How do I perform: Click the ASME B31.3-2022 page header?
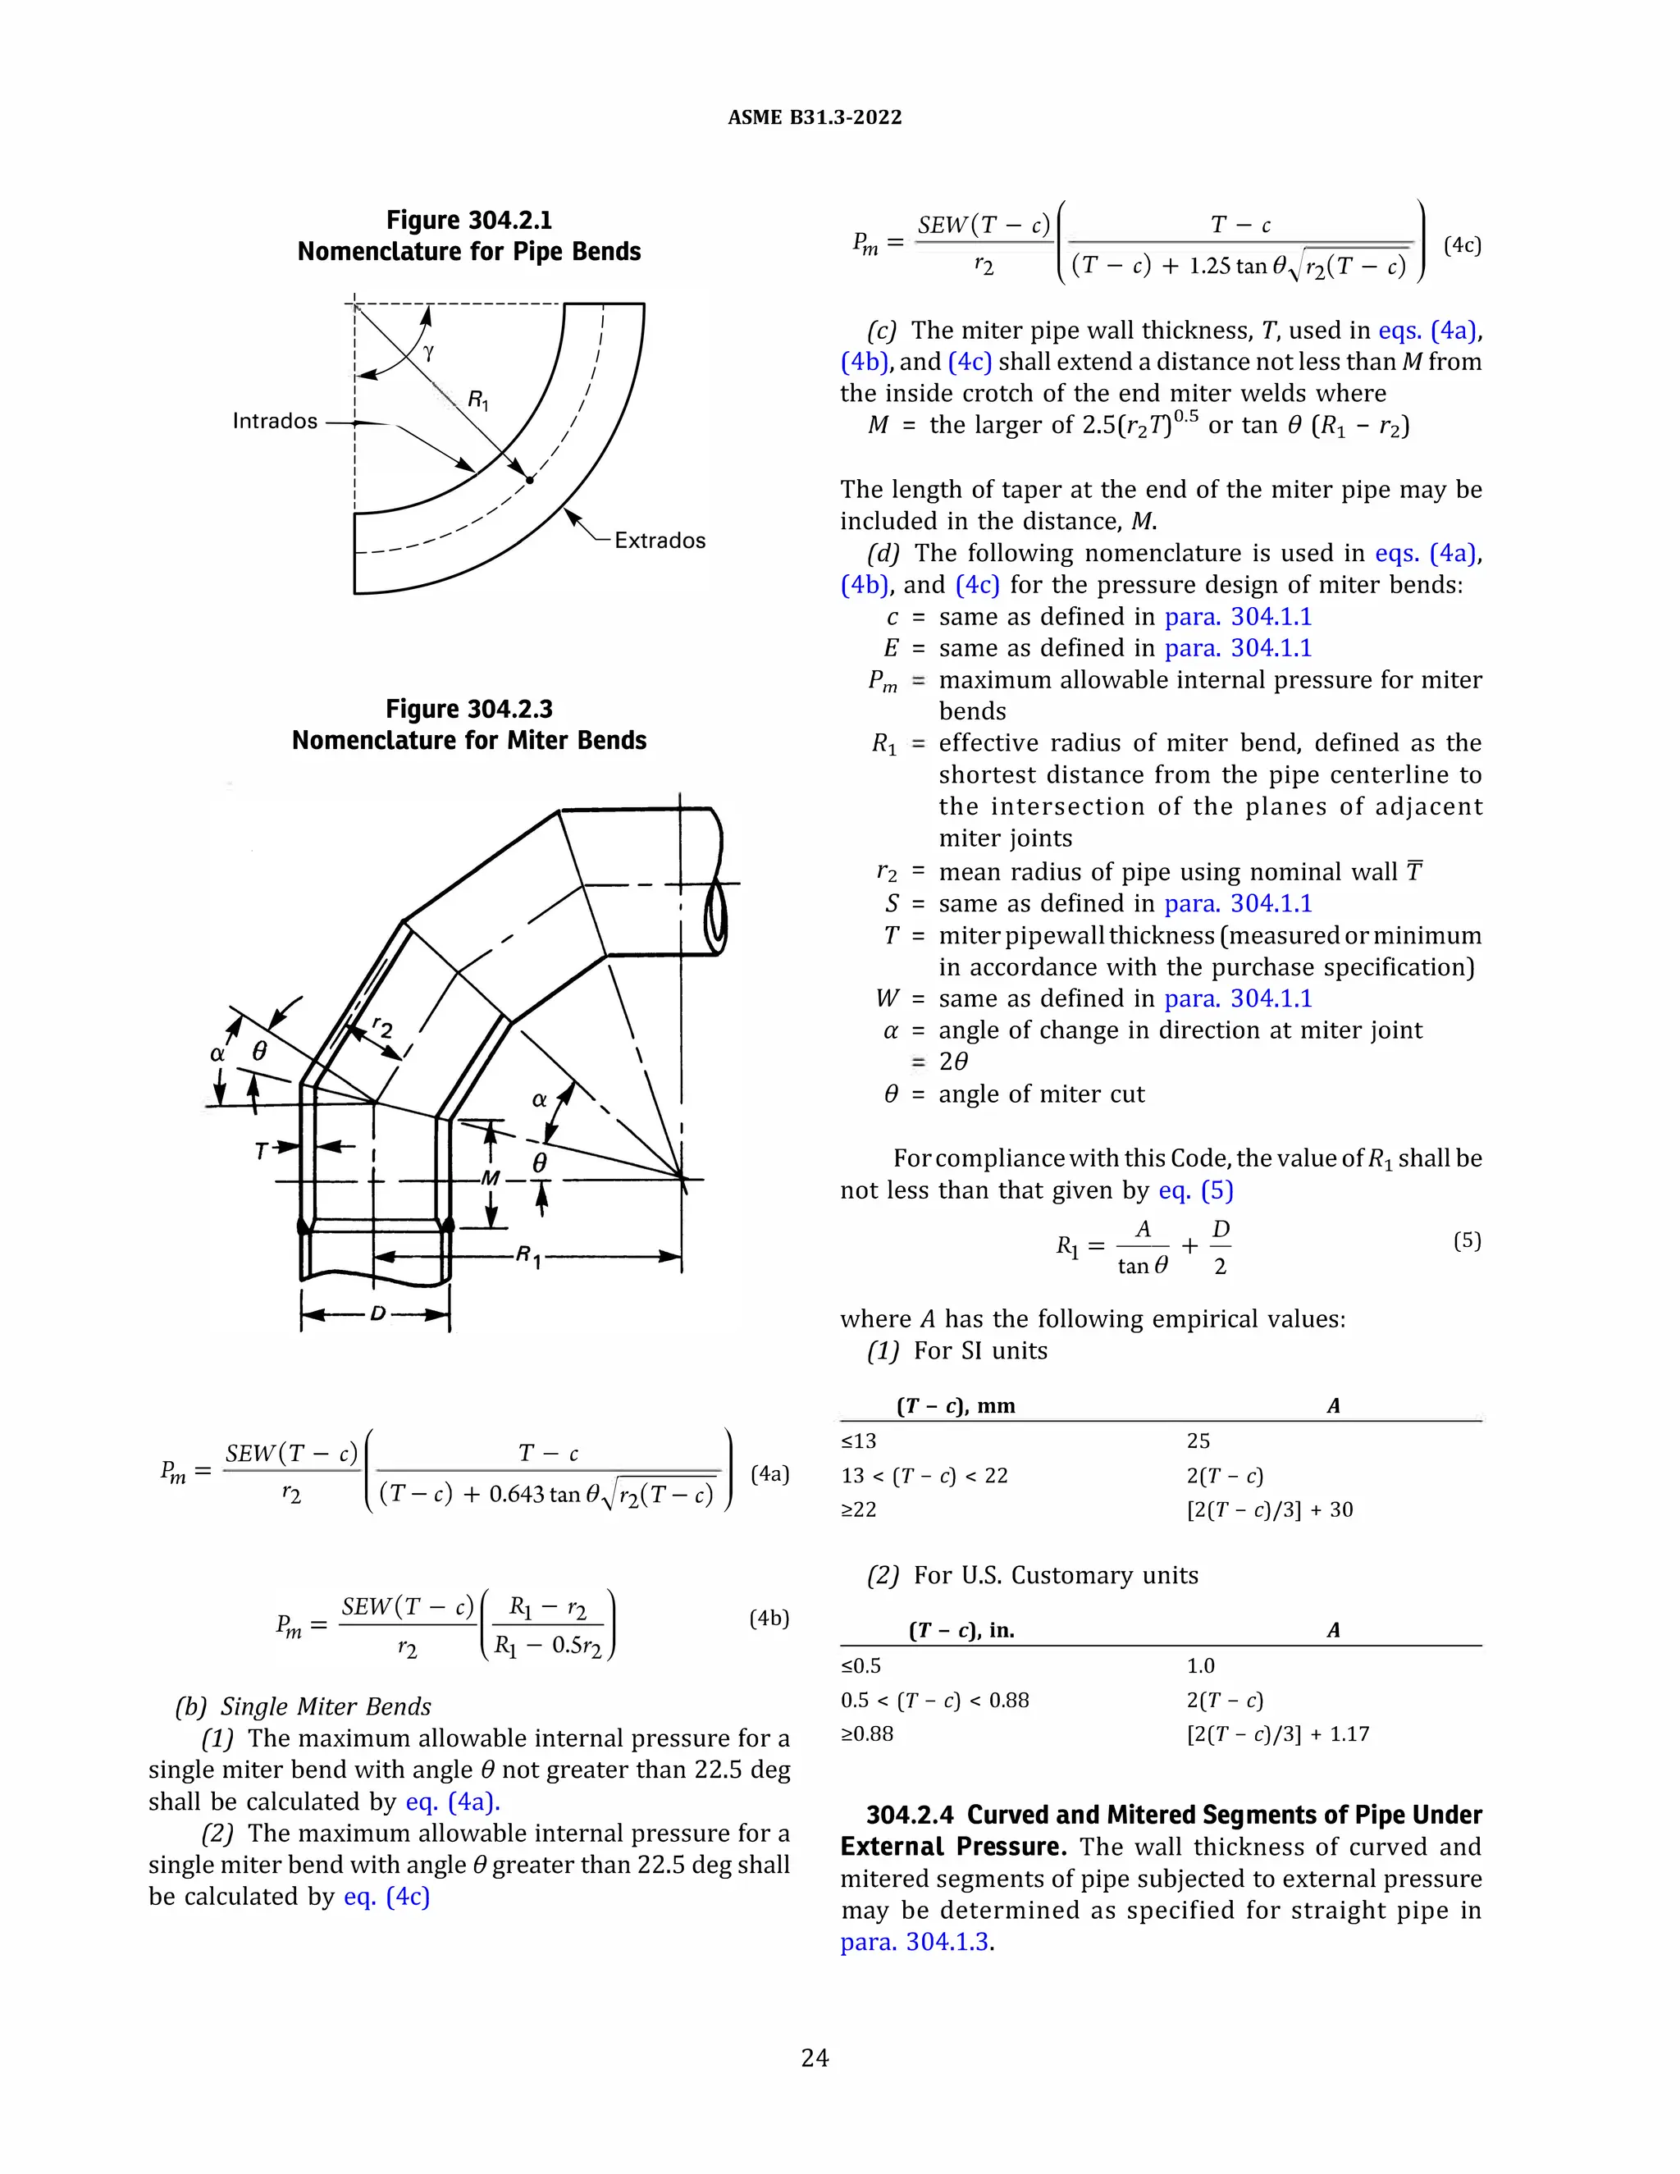(814, 117)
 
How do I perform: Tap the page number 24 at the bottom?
(814, 2058)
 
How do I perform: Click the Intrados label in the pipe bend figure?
(275, 421)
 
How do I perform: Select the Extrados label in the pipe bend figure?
(659, 541)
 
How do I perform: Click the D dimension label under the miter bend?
(377, 1314)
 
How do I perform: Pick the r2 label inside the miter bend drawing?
(382, 1026)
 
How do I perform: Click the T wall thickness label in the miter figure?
(262, 1151)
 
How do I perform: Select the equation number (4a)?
(769, 1473)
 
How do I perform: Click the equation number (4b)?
(769, 1619)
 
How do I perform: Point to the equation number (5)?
(1467, 1240)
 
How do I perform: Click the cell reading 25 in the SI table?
(1198, 1441)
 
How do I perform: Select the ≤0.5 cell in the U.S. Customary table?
(861, 1665)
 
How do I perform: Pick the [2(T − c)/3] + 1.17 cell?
(1278, 1734)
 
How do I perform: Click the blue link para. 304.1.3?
(915, 1942)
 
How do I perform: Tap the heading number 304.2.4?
(910, 1815)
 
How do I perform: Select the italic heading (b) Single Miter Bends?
(304, 1706)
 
